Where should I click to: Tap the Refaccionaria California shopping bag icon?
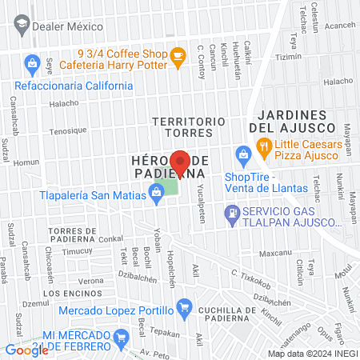click(32, 62)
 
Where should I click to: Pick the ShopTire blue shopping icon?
click(241, 154)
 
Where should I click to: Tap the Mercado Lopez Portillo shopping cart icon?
click(184, 305)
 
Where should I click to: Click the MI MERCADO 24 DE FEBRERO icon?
click(122, 335)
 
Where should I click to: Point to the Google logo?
click(26, 350)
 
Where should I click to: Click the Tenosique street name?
click(67, 130)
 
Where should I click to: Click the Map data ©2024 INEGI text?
click(311, 353)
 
